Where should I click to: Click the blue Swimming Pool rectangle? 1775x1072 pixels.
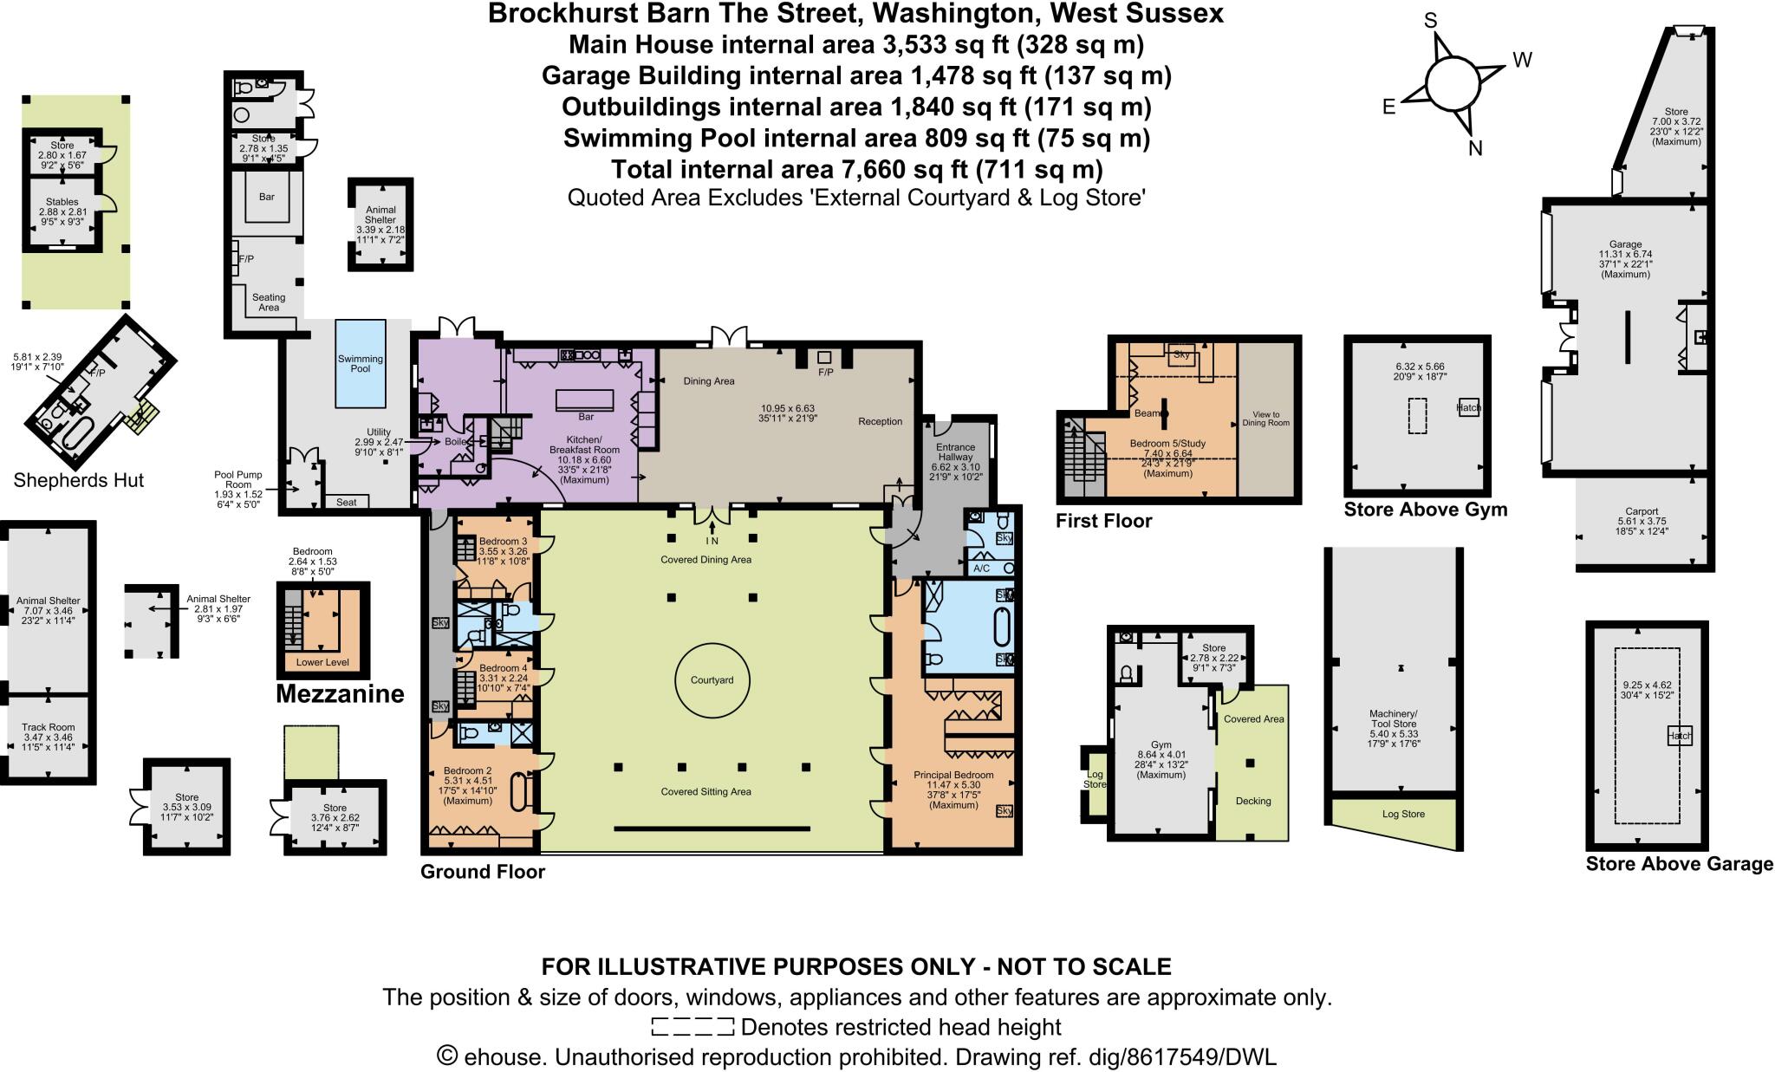(x=360, y=363)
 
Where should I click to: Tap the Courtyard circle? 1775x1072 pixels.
(x=712, y=680)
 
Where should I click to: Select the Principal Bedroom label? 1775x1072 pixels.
(x=953, y=775)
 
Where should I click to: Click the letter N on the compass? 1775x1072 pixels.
(x=1475, y=147)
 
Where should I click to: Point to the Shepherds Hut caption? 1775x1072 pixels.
(x=79, y=480)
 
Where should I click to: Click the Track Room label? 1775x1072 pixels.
(x=49, y=727)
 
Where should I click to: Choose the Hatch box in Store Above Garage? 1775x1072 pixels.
(x=1680, y=736)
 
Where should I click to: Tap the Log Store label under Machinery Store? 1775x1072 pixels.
(x=1403, y=814)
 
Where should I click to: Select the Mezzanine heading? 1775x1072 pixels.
(x=340, y=693)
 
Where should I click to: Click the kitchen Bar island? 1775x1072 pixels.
(x=586, y=400)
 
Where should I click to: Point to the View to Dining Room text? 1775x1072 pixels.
(x=1265, y=419)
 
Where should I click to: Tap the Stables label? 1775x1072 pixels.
(x=62, y=202)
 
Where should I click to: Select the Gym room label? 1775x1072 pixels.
(x=1161, y=744)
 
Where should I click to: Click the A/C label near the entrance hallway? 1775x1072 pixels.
(x=981, y=568)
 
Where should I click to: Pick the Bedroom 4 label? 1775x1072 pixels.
(x=503, y=668)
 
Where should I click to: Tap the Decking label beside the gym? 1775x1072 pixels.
(x=1252, y=801)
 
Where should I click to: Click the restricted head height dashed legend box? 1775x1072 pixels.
(x=692, y=1028)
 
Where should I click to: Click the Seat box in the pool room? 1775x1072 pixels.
(x=346, y=502)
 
